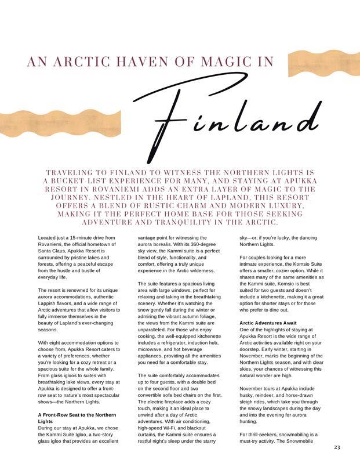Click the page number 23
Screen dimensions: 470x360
[337, 447]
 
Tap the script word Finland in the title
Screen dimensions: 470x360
[237, 119]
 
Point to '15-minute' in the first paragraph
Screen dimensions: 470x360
[77, 238]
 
